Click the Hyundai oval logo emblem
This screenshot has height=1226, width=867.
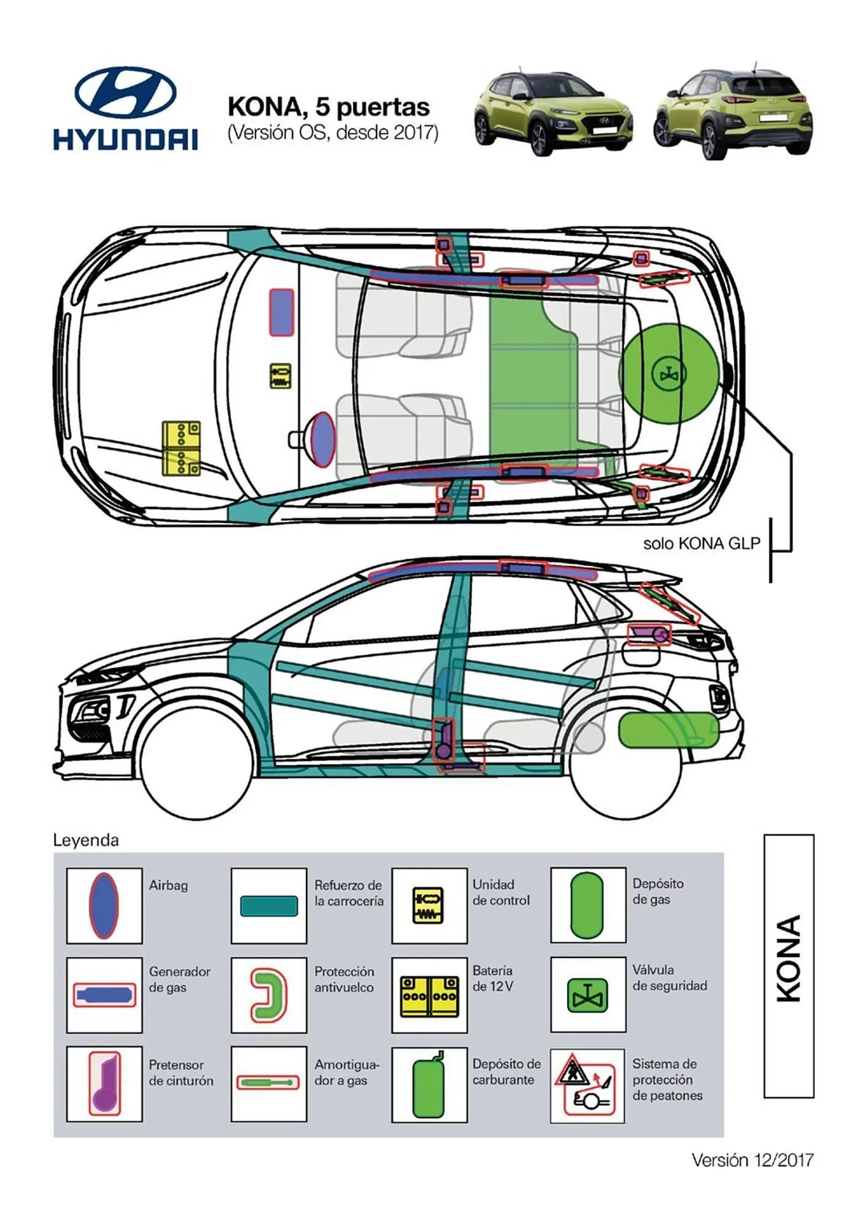pos(126,92)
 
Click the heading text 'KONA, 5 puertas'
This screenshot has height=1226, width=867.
pos(328,107)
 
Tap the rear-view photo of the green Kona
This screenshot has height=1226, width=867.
pos(733,113)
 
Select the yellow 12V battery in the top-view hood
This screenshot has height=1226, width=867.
pos(181,448)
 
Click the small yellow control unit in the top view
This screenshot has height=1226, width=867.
pos(280,376)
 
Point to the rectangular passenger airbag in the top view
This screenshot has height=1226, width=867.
pos(281,312)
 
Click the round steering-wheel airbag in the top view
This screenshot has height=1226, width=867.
pos(323,440)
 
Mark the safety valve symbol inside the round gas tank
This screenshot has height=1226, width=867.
pos(668,374)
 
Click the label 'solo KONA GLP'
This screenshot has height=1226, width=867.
pos(701,543)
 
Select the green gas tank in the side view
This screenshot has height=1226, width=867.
pos(668,730)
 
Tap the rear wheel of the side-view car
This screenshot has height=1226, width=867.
pos(625,766)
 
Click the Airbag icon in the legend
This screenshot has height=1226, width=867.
pos(104,905)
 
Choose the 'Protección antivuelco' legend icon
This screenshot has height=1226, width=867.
pos(269,994)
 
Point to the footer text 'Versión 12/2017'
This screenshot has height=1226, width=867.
pos(752,1160)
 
